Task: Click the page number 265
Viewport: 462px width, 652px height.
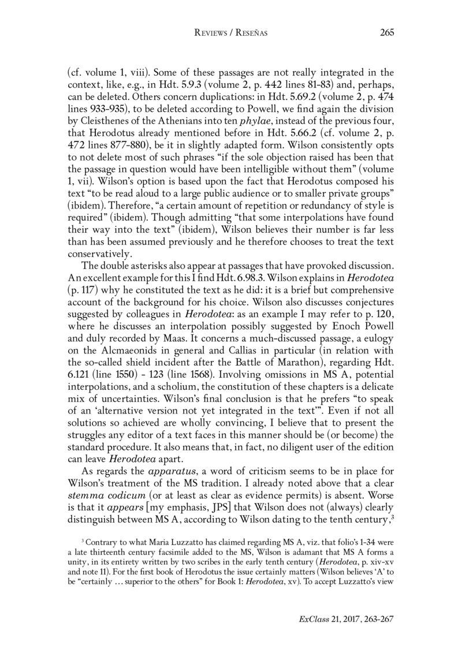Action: [386, 32]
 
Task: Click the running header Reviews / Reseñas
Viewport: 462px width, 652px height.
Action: [230, 33]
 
